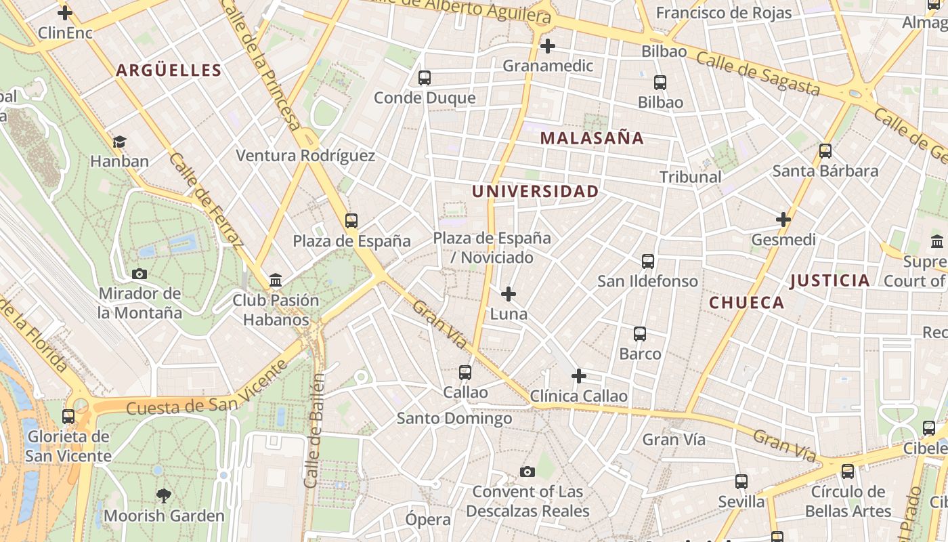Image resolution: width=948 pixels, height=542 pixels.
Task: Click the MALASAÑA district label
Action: [x=592, y=138]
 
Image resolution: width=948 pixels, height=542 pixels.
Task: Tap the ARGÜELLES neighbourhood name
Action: [x=169, y=70]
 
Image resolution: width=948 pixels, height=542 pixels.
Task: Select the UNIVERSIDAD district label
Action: [x=535, y=192]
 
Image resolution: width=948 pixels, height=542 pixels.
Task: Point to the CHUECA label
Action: [x=746, y=303]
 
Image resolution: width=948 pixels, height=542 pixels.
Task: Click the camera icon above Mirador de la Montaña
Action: [x=139, y=274]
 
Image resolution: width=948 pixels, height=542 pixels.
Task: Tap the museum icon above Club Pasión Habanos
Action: [x=276, y=280]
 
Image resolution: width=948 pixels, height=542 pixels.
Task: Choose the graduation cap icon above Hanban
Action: [x=120, y=142]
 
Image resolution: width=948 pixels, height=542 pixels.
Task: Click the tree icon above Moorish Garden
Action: [x=163, y=495]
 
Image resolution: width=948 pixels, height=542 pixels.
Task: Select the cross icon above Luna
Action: [x=509, y=294]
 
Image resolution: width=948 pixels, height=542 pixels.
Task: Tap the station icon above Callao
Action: [x=465, y=372]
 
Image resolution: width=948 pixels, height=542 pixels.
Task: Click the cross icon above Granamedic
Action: [x=548, y=46]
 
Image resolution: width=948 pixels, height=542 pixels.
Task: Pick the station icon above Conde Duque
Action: [x=425, y=78]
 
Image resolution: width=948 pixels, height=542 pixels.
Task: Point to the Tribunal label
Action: [x=690, y=177]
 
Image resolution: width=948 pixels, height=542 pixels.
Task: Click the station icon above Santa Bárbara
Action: [x=825, y=151]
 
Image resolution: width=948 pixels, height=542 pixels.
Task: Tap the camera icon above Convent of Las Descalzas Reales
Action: [x=527, y=472]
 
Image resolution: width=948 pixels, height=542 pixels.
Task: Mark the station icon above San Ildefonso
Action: [x=648, y=261]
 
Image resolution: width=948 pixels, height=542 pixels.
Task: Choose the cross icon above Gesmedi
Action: [x=783, y=220]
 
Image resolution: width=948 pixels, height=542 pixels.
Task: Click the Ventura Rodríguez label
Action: [x=305, y=156]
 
